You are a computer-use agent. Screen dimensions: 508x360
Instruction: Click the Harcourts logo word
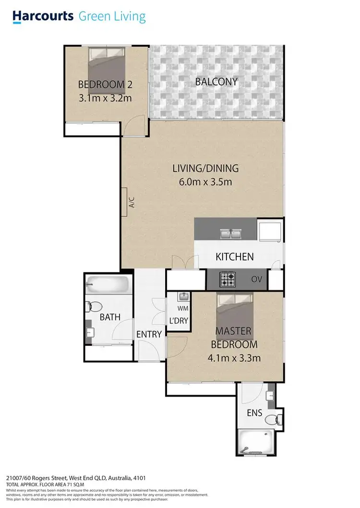click(x=43, y=16)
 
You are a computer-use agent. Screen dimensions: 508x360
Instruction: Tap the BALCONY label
click(x=216, y=82)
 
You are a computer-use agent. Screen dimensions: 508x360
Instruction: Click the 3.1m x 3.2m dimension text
click(x=105, y=98)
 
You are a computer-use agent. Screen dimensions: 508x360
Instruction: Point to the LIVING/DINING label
click(x=205, y=169)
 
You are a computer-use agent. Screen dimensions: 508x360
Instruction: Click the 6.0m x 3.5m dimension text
click(x=205, y=182)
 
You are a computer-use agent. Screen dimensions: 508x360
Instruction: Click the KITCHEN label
click(x=234, y=257)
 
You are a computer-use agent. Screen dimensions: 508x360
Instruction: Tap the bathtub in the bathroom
click(x=108, y=285)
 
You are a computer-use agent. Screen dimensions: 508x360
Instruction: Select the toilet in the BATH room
click(x=93, y=306)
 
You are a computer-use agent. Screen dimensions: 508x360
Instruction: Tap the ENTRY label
click(x=149, y=334)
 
